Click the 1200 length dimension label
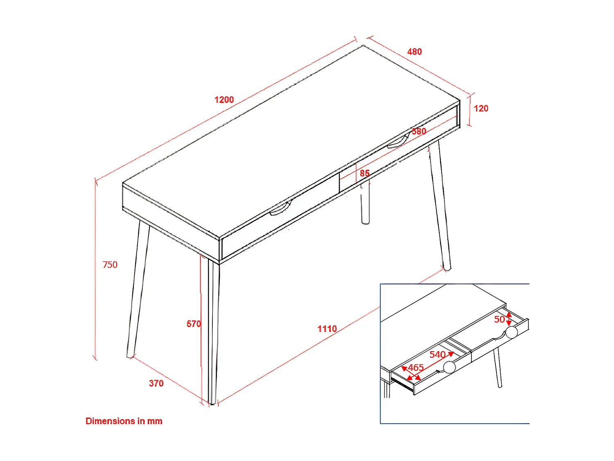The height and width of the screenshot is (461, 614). [x=224, y=100]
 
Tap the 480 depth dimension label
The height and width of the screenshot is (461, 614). [x=414, y=52]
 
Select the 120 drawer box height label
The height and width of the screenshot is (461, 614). [x=481, y=109]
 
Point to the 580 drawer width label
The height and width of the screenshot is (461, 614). [x=419, y=131]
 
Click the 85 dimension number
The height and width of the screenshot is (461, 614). [x=365, y=173]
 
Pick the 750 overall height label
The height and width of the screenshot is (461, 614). [x=110, y=265]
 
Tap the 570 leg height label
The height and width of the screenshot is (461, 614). [x=194, y=324]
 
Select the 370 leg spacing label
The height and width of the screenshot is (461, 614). [x=156, y=383]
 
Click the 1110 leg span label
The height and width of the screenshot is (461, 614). [x=327, y=329]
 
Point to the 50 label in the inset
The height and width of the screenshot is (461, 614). [x=499, y=319]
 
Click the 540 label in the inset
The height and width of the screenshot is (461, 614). [x=437, y=354]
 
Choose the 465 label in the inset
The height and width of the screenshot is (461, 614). [x=416, y=368]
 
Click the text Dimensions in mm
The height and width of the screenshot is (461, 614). [x=124, y=421]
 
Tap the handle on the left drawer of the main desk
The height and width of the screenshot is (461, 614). [x=280, y=209]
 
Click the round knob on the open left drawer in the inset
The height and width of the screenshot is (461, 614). [x=449, y=367]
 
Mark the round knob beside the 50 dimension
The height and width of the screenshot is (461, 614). [x=512, y=332]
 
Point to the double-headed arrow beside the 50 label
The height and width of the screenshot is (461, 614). [x=509, y=319]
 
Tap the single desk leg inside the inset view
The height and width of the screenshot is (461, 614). [x=497, y=368]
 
